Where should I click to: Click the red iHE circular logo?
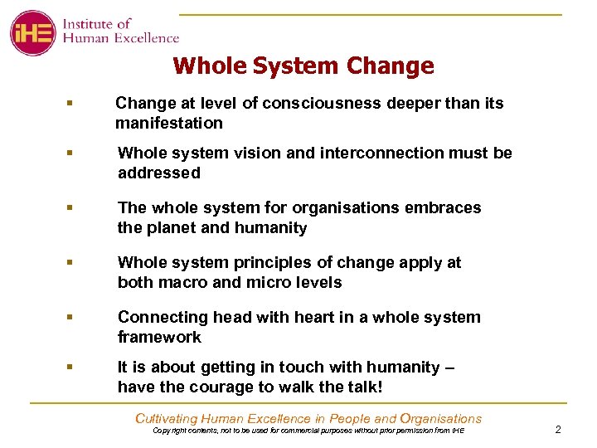[32, 33]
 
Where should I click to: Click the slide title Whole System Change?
[303, 66]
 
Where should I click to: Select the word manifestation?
[169, 123]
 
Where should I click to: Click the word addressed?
[159, 173]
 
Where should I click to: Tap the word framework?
[159, 337]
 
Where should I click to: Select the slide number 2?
[558, 429]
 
